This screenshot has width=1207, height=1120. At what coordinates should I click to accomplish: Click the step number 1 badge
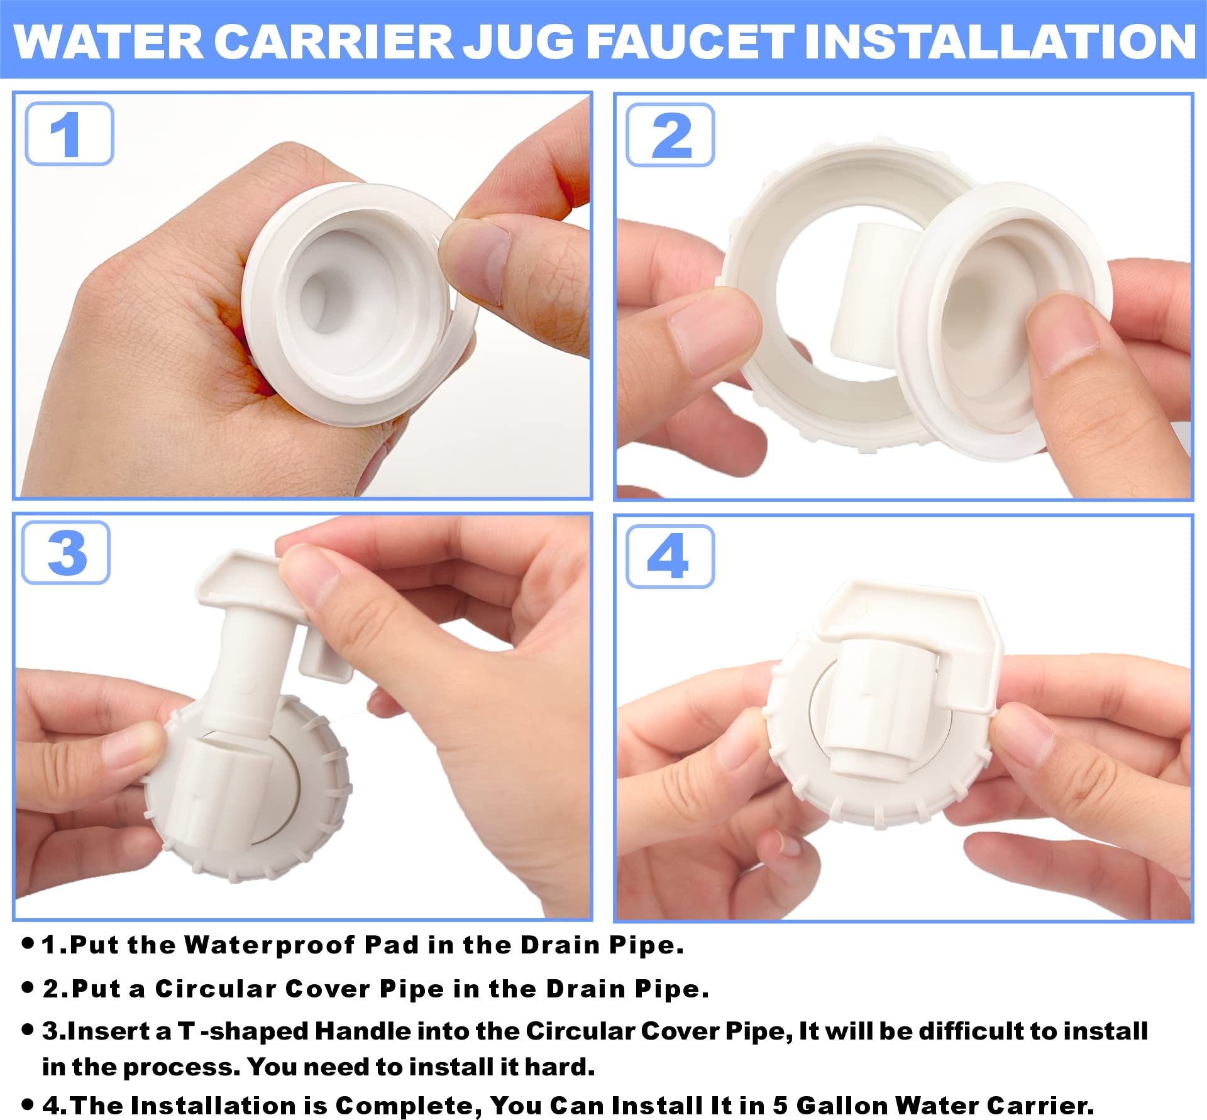69,134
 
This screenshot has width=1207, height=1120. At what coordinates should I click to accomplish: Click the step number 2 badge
670,135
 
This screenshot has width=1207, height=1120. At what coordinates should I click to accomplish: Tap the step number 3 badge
66,553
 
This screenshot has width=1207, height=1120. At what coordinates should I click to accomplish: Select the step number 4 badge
670,556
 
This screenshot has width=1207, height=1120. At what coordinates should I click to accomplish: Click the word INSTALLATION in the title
1000,42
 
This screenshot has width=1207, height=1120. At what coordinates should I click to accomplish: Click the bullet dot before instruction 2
27,988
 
